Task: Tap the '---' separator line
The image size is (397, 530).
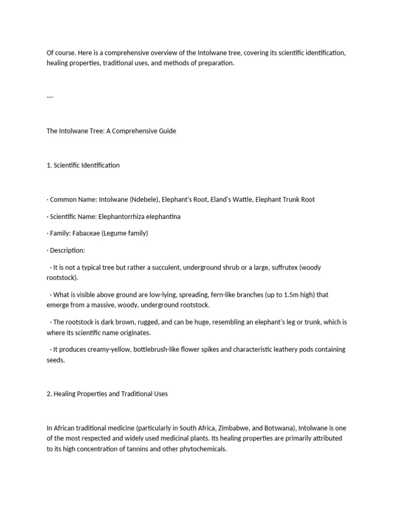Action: tap(50, 97)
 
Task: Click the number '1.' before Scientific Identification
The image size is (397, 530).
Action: tap(49, 165)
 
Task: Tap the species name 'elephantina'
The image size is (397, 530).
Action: tap(164, 216)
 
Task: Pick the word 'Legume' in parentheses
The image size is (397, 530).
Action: tap(115, 233)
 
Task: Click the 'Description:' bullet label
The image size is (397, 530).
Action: tap(67, 251)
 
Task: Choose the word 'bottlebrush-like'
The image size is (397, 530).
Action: tap(157, 349)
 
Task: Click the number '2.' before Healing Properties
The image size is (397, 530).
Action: tap(50, 394)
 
